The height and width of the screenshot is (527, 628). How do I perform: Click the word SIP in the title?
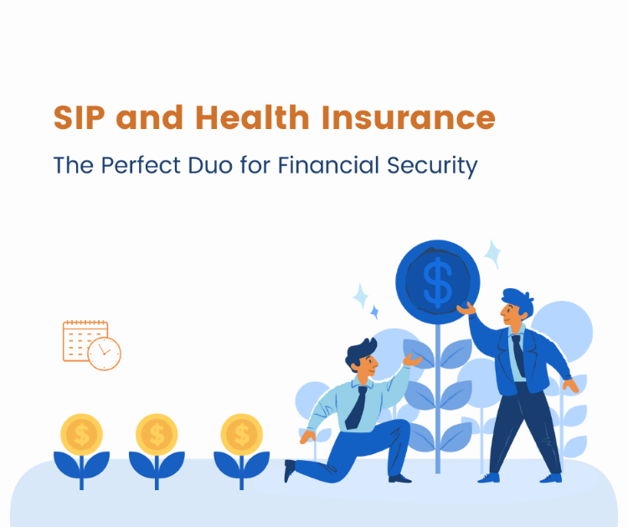[80, 117]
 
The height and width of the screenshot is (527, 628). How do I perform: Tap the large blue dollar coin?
[437, 280]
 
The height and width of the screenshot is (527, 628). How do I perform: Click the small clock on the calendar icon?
[105, 354]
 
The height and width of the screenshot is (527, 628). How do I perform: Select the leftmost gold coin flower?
[81, 435]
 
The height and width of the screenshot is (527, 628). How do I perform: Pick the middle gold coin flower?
[157, 435]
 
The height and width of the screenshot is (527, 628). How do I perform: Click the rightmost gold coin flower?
[242, 435]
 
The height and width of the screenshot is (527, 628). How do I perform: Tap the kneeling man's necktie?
[357, 407]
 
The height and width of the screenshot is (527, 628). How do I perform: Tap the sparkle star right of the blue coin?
[492, 253]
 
